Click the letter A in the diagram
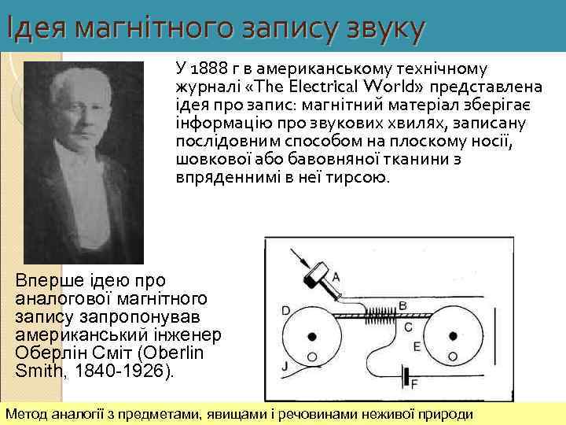click(x=336, y=276)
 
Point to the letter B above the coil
click(x=402, y=305)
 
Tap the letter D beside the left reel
click(x=285, y=309)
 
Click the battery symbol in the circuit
click(x=406, y=376)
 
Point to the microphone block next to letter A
click(x=318, y=271)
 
